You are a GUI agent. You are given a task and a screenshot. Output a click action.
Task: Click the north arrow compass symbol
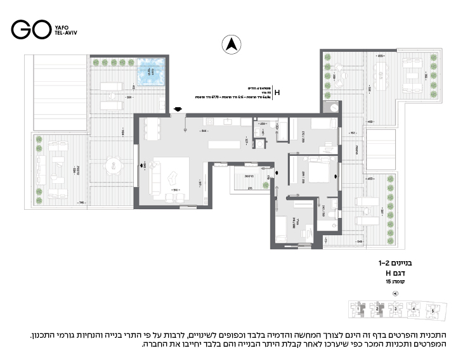click(231, 44)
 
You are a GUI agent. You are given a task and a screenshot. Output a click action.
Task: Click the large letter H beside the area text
click(277, 93)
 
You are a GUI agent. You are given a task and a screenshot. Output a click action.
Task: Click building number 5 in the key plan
click(434, 311)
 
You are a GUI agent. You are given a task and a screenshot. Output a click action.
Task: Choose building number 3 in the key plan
click(396, 311)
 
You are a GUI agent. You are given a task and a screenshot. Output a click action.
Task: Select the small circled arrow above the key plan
click(396, 293)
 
